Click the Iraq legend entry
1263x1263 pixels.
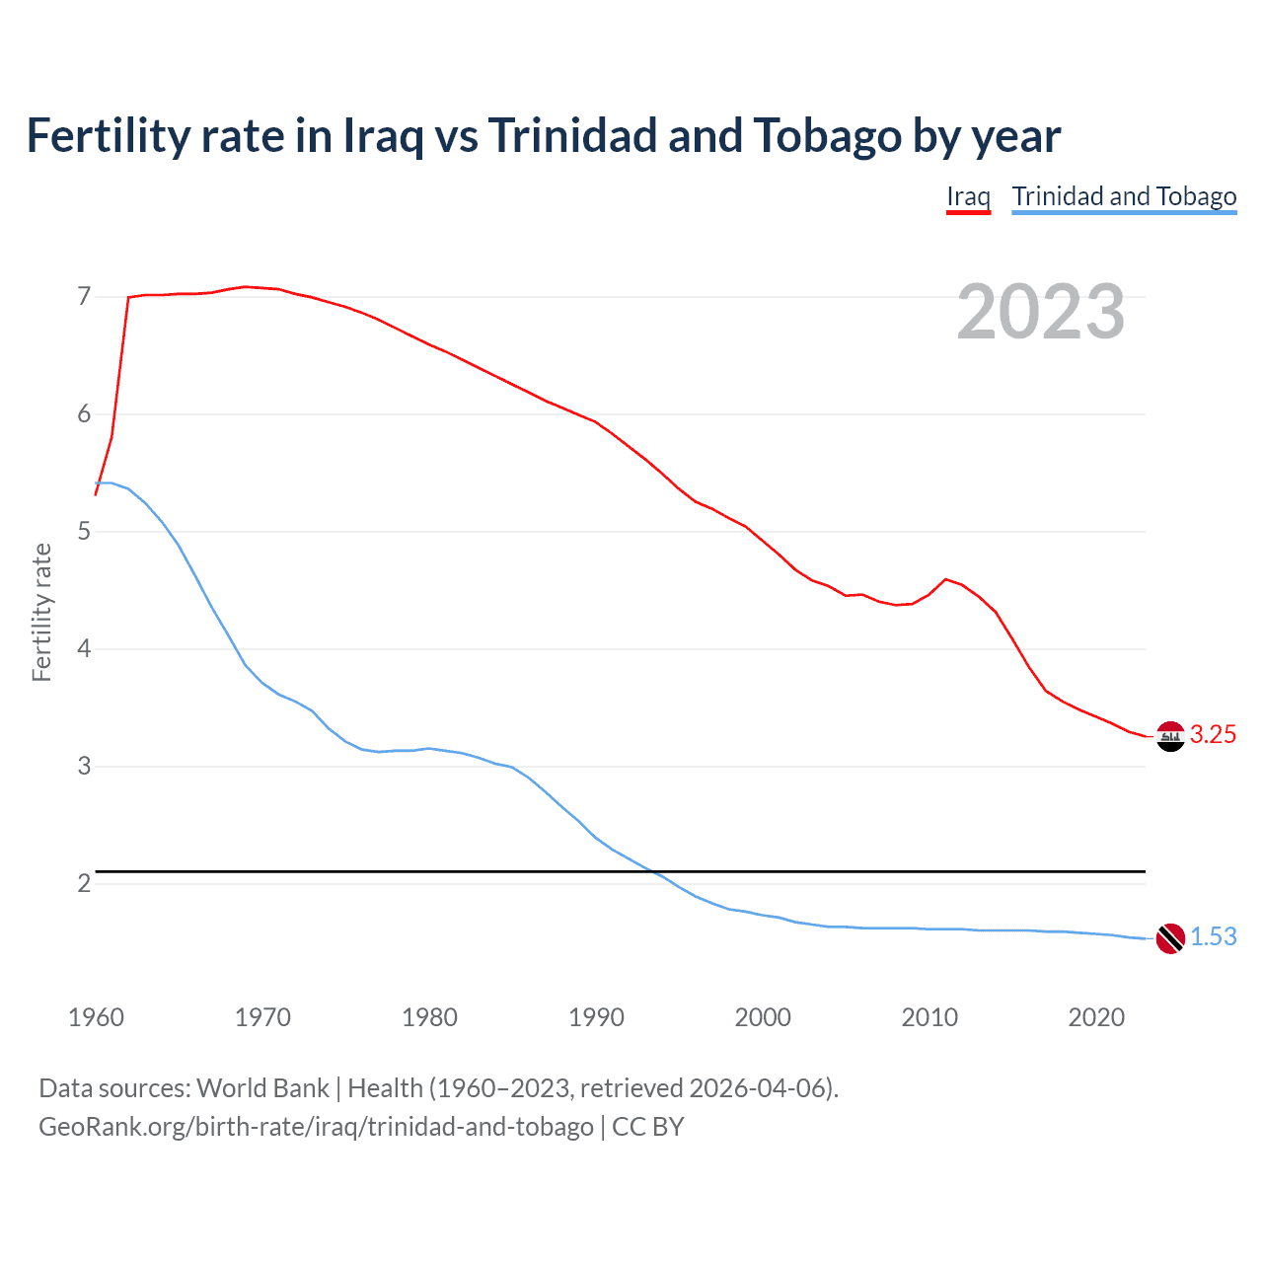(x=968, y=196)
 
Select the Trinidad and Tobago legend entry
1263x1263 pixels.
(x=1124, y=196)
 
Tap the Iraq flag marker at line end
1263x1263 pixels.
(x=1170, y=736)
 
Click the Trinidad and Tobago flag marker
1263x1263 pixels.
(x=1170, y=938)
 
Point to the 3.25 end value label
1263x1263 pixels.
(x=1213, y=735)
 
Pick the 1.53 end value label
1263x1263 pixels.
(x=1213, y=937)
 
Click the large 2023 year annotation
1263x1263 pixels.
(x=1041, y=312)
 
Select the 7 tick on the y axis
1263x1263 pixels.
(x=84, y=297)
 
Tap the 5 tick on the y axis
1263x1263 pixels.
(x=84, y=532)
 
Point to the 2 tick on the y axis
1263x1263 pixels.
(x=84, y=884)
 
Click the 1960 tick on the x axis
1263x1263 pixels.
(x=96, y=1017)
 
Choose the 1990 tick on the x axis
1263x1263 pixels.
(x=596, y=1017)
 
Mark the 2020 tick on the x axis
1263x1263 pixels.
(x=1096, y=1017)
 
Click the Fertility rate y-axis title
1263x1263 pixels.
(x=41, y=612)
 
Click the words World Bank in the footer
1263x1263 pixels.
(x=262, y=1088)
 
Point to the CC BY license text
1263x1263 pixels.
(x=648, y=1127)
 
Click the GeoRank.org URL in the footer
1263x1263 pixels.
(x=316, y=1127)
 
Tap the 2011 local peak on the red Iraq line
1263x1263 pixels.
(x=945, y=579)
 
